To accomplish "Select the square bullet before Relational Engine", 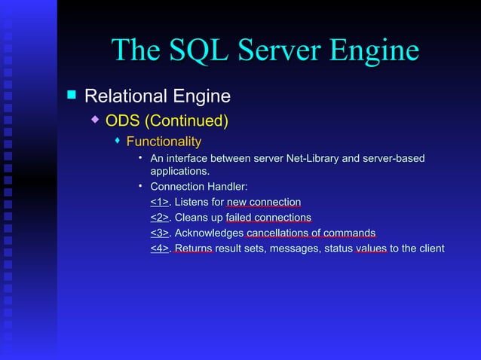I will coord(72,95).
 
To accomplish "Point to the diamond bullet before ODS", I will coord(95,119).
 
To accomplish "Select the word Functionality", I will coord(164,142).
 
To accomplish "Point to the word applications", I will coord(179,171).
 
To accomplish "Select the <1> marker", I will coord(159,202).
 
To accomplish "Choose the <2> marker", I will coord(159,218).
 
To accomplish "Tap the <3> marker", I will coord(159,233).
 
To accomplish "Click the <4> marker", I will coord(159,249).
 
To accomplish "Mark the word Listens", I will coord(191,202).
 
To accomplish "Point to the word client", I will coord(430,249).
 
